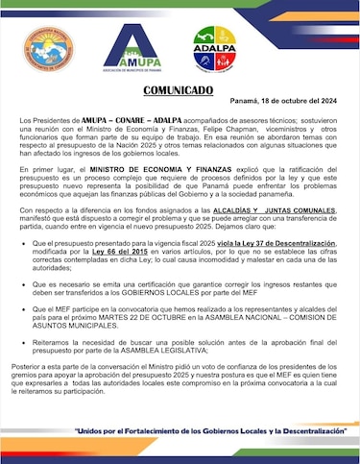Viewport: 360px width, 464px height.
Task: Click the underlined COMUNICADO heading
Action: tap(180, 90)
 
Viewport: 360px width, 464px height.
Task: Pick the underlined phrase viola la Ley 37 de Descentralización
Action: tap(276, 245)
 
